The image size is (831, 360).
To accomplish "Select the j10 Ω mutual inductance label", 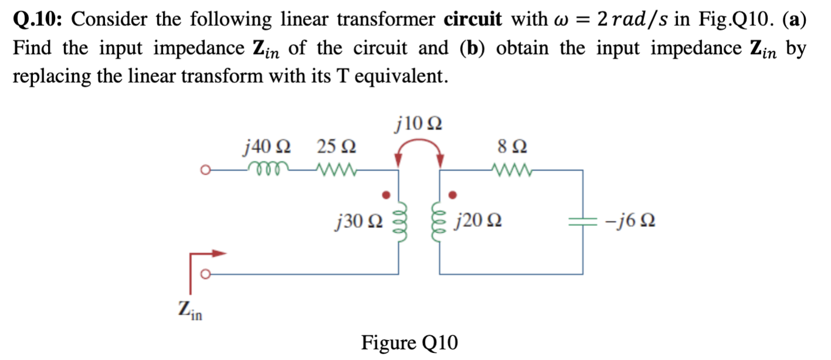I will click(419, 124).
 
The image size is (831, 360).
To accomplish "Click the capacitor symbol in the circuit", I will click(583, 222).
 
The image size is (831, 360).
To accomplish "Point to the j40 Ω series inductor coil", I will click(267, 169).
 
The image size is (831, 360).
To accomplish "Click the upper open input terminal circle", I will click(205, 171).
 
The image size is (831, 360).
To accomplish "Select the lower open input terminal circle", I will click(205, 274).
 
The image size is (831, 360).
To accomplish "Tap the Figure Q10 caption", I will click(409, 342).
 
